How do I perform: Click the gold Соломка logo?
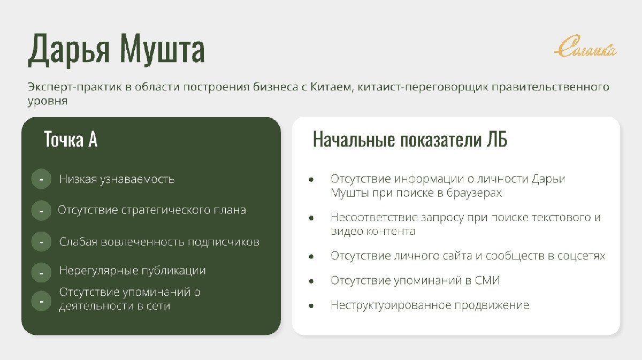pyautogui.click(x=585, y=47)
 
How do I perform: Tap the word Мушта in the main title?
pyautogui.click(x=163, y=49)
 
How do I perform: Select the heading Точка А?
pyautogui.click(x=71, y=139)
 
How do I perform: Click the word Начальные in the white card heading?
pyautogui.click(x=354, y=139)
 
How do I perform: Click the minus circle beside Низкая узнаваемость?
pyautogui.click(x=41, y=179)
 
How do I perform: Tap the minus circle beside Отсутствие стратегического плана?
pyautogui.click(x=41, y=210)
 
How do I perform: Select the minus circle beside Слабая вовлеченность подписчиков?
pyautogui.click(x=41, y=242)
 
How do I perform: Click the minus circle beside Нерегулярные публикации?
pyautogui.click(x=41, y=273)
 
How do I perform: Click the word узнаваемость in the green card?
pyautogui.click(x=137, y=179)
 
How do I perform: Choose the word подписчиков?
pyautogui.click(x=224, y=242)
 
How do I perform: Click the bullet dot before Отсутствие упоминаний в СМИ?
pyautogui.click(x=311, y=281)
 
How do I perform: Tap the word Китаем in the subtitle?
pyautogui.click(x=331, y=87)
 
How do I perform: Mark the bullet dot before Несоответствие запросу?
pyautogui.click(x=311, y=218)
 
